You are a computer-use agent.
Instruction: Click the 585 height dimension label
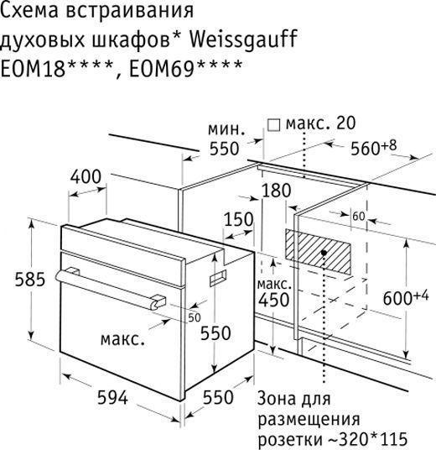click(30, 280)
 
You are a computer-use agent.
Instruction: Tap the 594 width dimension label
click(112, 398)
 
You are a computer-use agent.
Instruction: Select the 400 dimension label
click(86, 176)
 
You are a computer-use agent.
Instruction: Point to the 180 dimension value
click(277, 191)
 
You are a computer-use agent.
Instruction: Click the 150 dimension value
click(238, 219)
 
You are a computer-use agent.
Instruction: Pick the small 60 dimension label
click(359, 217)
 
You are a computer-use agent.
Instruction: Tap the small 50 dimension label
click(195, 317)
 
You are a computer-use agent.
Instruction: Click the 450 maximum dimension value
click(273, 300)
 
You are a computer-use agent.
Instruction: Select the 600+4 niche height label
click(405, 296)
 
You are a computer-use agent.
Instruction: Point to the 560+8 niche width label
click(373, 147)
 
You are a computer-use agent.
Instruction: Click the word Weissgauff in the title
click(243, 39)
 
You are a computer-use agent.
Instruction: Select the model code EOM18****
click(57, 68)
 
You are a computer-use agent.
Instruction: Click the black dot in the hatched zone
click(324, 253)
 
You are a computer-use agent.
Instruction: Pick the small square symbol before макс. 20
click(273, 125)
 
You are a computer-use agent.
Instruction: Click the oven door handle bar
click(111, 289)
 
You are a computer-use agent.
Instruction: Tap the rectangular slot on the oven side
click(218, 278)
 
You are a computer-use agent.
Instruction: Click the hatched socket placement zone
click(318, 251)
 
